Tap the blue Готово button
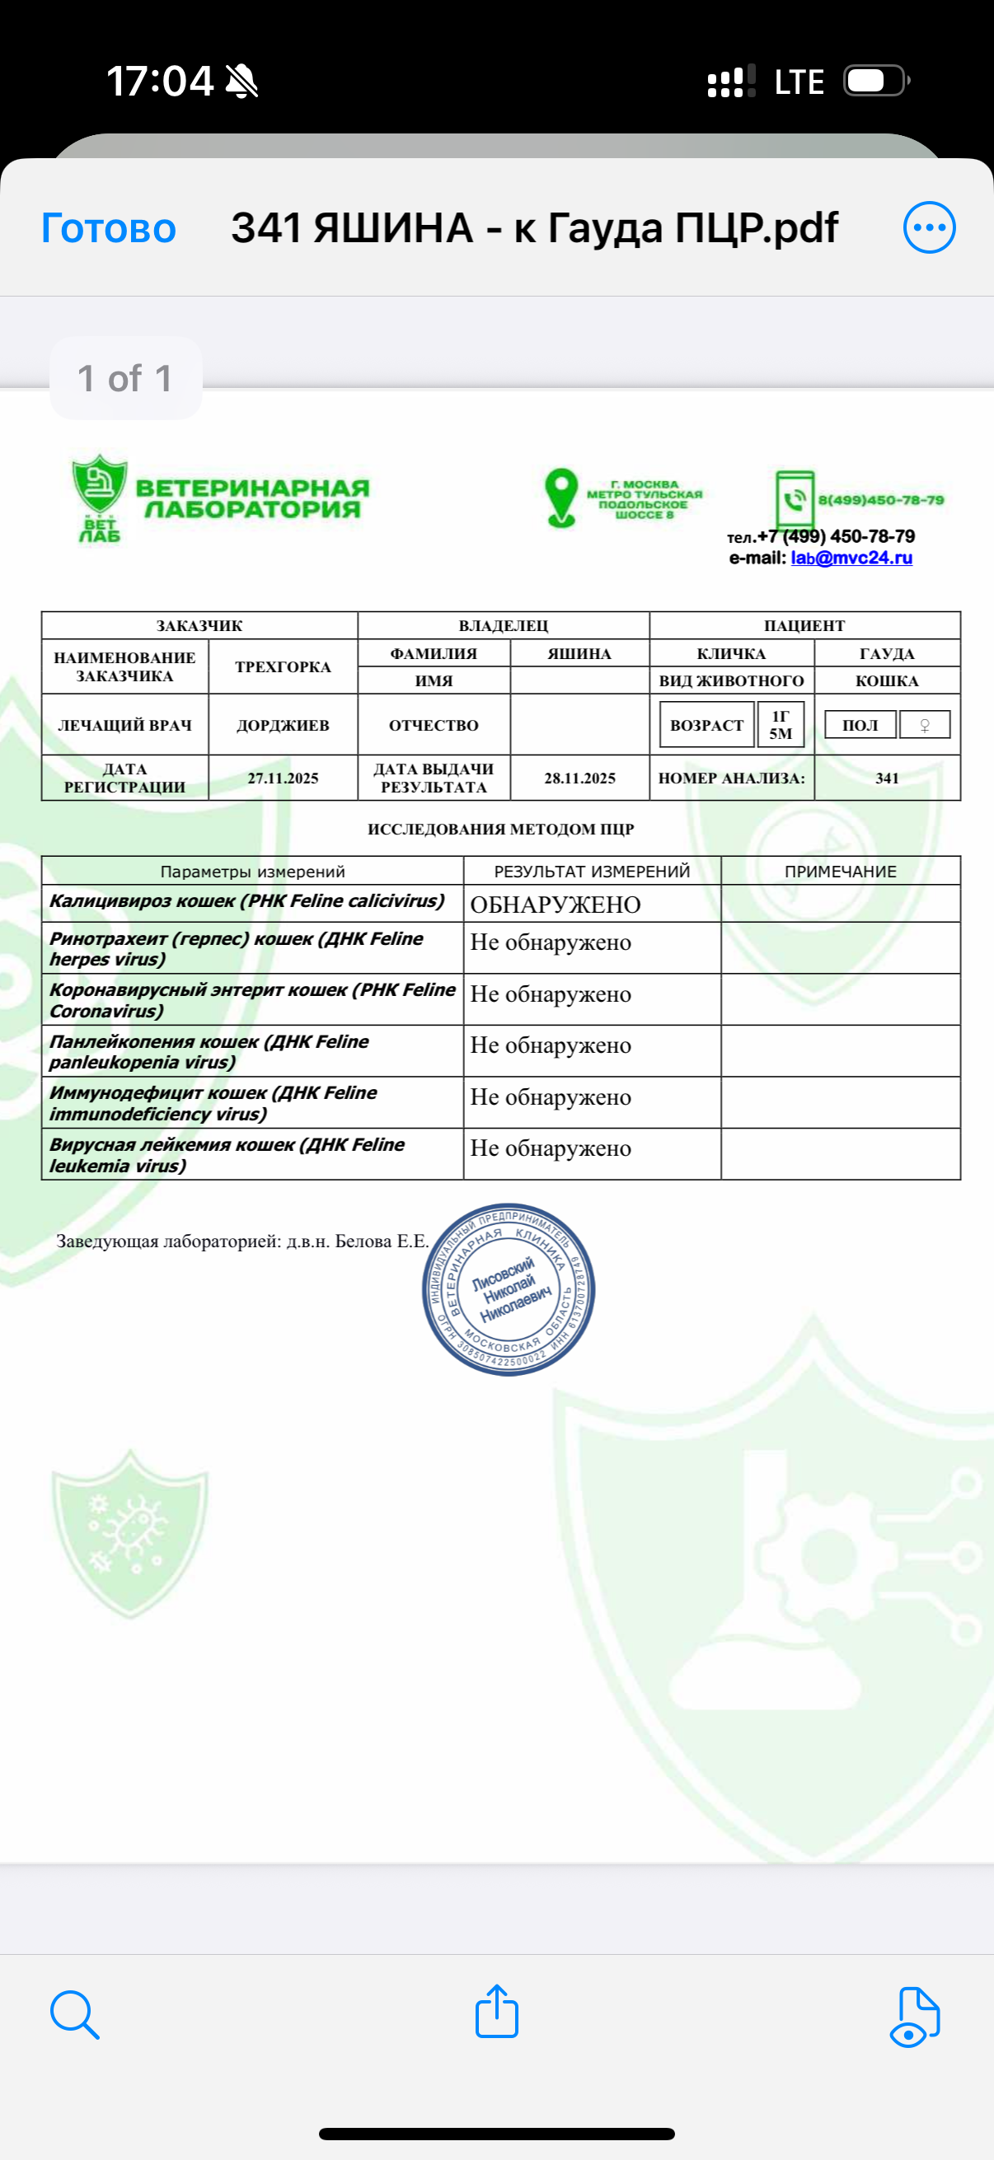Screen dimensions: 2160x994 (x=108, y=228)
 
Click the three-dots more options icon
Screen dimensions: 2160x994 (x=929, y=227)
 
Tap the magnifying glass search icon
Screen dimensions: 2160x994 (x=75, y=2014)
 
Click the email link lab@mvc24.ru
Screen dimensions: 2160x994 (x=851, y=558)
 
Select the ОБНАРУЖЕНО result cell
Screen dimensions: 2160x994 (x=556, y=905)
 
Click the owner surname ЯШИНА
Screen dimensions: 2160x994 (x=579, y=654)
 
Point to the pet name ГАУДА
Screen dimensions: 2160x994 (x=887, y=654)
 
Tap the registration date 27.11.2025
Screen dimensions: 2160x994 (x=283, y=778)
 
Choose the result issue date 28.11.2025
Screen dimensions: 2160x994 (x=579, y=778)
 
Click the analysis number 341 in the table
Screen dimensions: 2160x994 (x=887, y=778)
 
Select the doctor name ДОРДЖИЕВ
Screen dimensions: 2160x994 (x=283, y=725)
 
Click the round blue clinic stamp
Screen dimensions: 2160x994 (x=509, y=1288)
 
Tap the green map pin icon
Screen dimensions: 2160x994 (x=561, y=498)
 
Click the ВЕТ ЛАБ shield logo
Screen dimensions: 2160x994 (x=100, y=498)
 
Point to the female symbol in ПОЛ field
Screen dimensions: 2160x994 (x=925, y=725)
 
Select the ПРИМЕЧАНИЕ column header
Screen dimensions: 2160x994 (x=841, y=872)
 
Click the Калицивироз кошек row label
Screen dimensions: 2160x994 (x=246, y=901)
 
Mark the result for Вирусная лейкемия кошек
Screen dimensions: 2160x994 (x=551, y=1148)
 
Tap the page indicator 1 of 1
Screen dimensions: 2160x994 (x=125, y=378)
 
